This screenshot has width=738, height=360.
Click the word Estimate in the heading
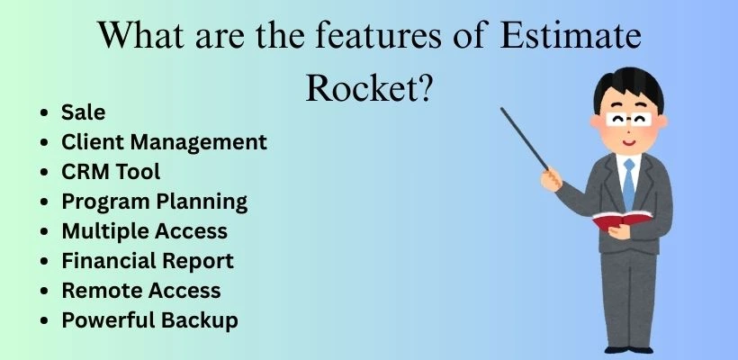click(570, 39)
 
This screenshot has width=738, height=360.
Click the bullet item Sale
click(83, 112)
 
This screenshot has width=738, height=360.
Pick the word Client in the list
click(89, 141)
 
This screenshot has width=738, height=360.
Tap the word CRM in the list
click(86, 171)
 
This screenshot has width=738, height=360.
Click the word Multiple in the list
click(97, 230)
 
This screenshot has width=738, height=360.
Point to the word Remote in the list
click(94, 290)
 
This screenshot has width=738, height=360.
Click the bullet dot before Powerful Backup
click(45, 320)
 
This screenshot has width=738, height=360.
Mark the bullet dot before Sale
click(45, 113)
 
